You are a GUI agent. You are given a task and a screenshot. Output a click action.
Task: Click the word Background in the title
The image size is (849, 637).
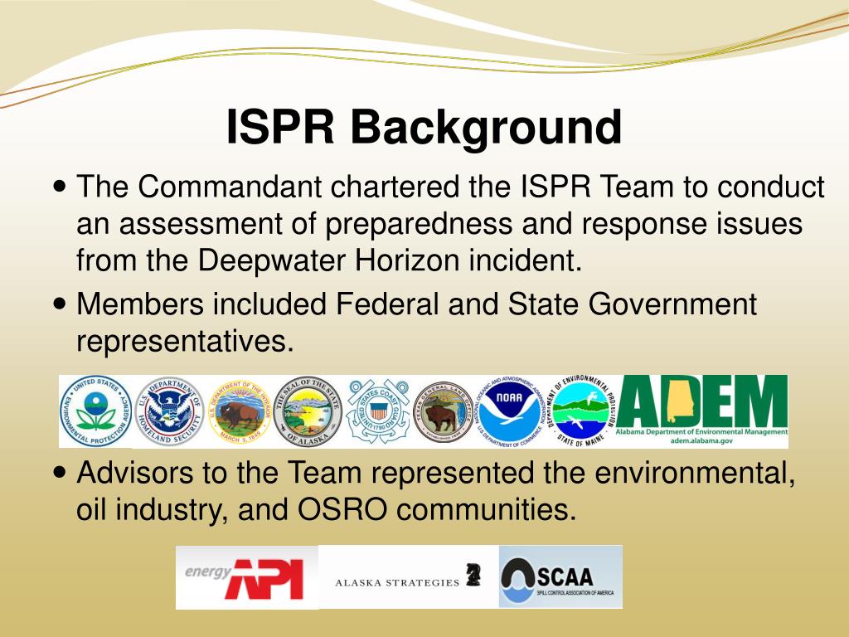(x=485, y=129)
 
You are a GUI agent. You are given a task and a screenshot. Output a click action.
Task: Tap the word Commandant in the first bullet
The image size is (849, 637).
(x=230, y=187)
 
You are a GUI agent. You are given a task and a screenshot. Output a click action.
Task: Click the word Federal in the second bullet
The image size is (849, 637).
(x=387, y=304)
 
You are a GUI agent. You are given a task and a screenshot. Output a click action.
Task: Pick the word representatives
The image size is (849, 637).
(x=185, y=340)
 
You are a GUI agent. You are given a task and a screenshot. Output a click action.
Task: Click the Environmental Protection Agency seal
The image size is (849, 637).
(x=96, y=411)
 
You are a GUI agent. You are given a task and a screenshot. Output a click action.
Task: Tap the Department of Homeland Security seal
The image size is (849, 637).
(x=168, y=411)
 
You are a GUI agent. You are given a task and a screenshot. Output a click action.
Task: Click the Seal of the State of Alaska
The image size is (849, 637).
(x=308, y=411)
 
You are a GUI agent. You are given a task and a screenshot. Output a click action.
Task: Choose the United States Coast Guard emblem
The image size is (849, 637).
(x=378, y=411)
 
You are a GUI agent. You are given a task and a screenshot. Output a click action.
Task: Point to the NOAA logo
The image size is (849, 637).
(x=513, y=411)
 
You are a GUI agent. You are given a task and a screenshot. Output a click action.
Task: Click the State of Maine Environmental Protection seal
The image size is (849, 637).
(x=581, y=411)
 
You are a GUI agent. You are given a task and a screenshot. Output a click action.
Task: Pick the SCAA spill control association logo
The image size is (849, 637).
(x=560, y=576)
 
